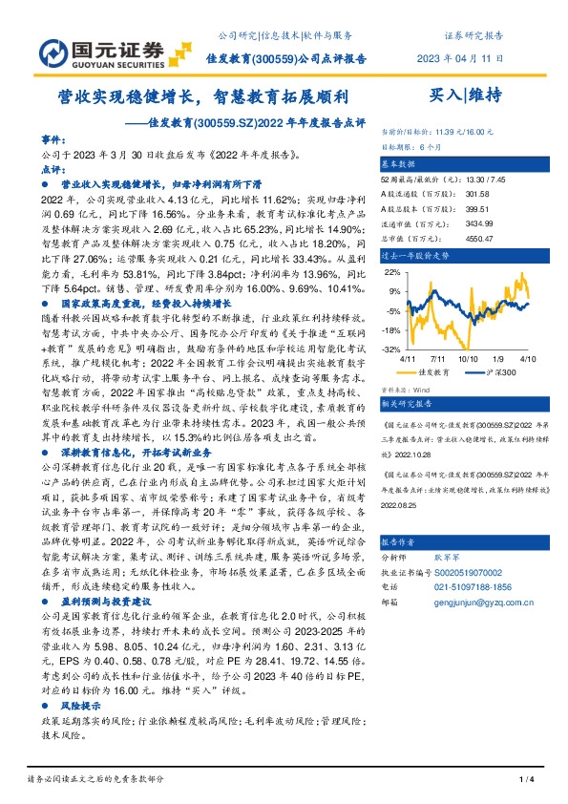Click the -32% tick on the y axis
pyautogui.click(x=392, y=349)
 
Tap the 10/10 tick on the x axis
pyautogui.click(x=468, y=358)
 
